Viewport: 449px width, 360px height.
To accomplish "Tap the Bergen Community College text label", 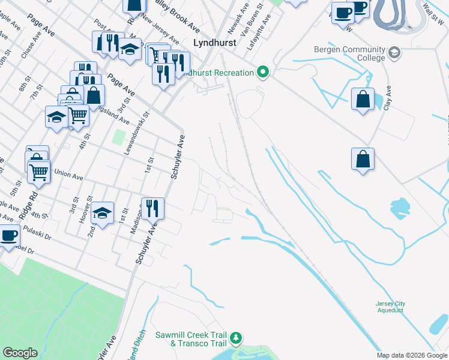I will pos(349,53).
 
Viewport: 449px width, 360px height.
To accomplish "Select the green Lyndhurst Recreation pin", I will pos(262,73).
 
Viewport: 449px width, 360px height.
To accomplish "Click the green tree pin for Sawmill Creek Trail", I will pos(237,338).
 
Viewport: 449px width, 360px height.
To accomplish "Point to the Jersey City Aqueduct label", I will pos(390,307).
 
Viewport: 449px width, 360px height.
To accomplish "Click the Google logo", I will pos(20,353).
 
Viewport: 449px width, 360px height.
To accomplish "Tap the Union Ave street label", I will pos(68,176).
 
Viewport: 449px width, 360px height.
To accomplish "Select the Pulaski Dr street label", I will pos(37,233).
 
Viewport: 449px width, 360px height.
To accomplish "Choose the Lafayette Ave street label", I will pos(265,25).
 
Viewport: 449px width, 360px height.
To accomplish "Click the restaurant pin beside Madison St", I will pos(152,208).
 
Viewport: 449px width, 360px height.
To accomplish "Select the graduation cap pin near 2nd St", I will pos(103,212).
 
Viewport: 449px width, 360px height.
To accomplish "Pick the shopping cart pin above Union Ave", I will pos(39,172).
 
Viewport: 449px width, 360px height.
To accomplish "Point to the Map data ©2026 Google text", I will pos(412,355).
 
